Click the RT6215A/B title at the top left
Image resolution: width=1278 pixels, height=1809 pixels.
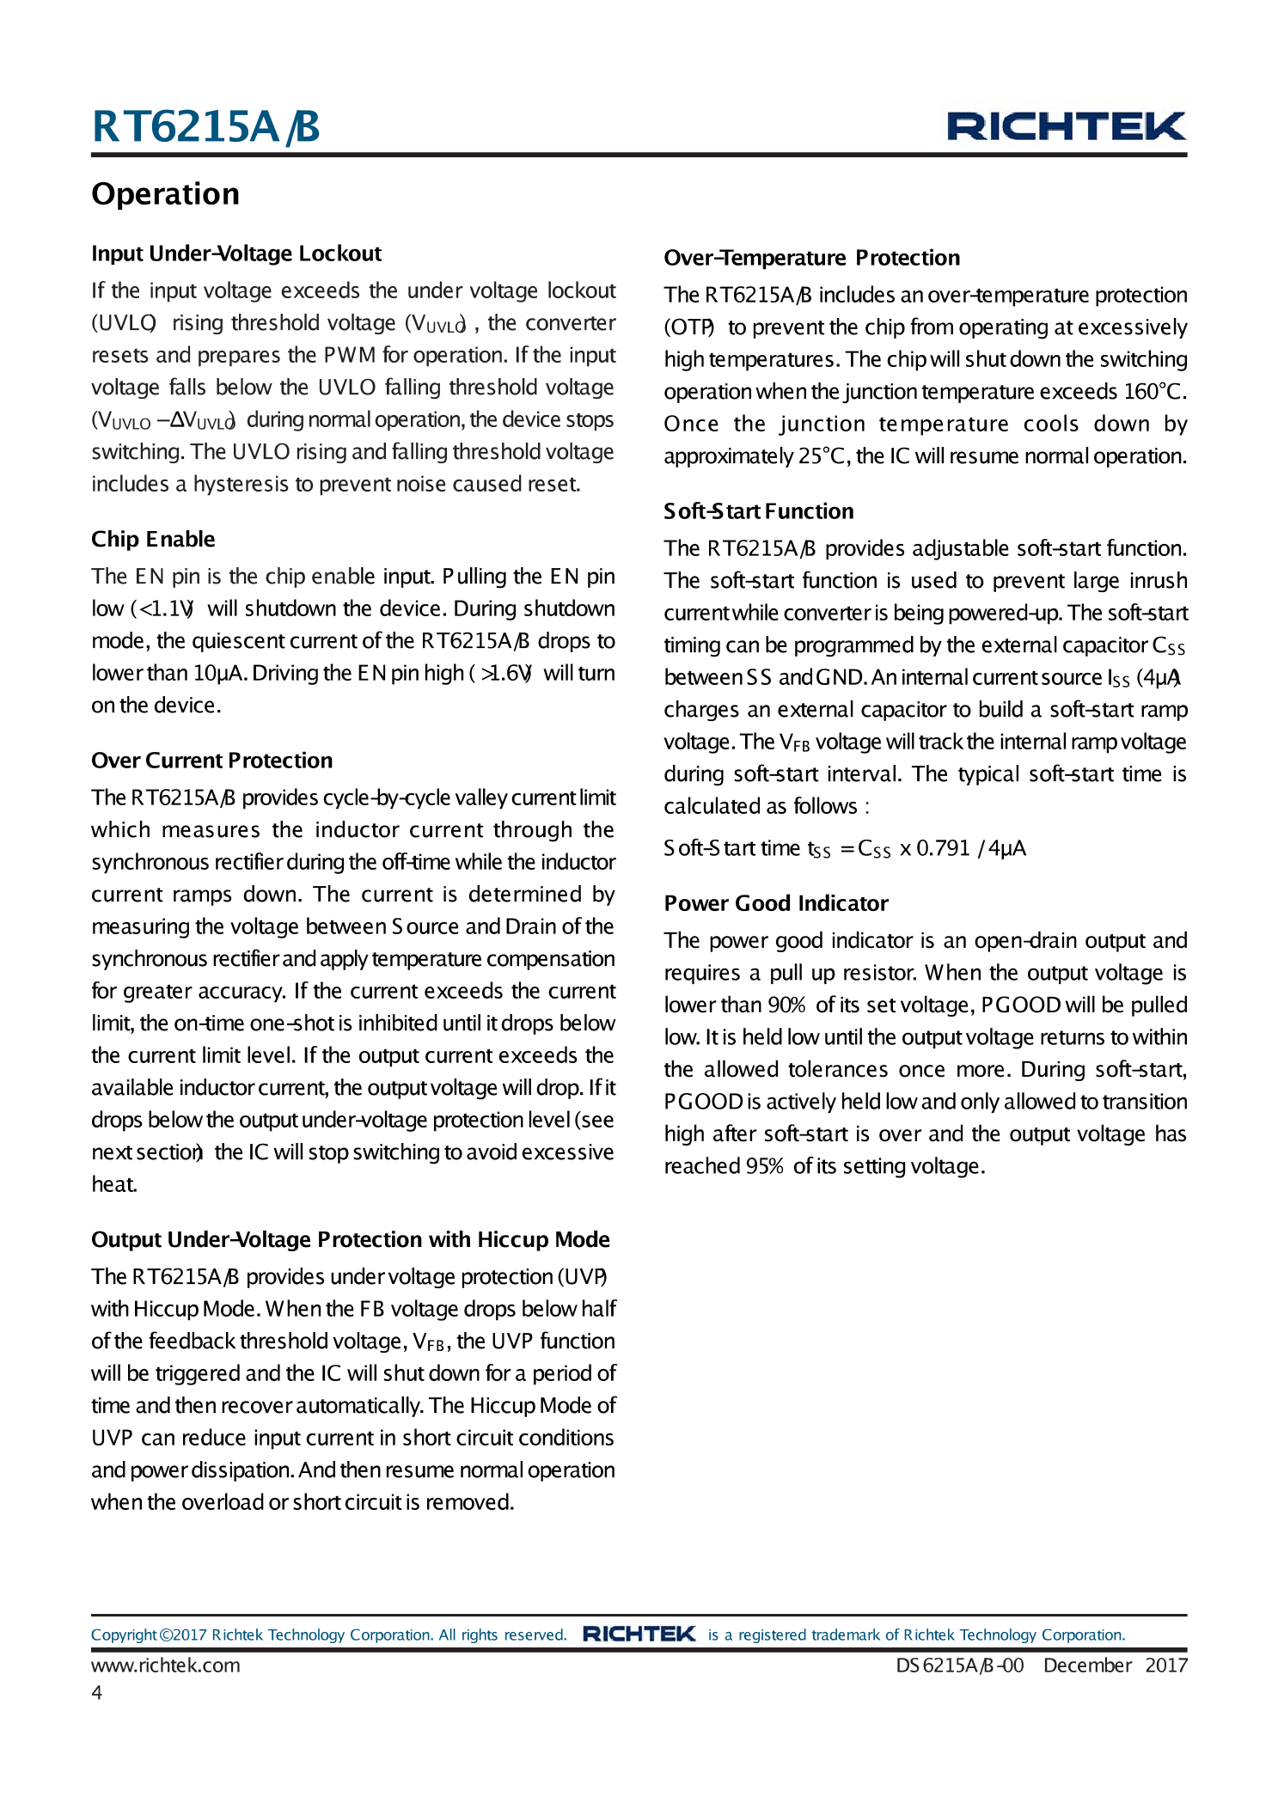click(x=205, y=126)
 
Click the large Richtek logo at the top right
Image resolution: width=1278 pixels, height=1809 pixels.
click(x=1066, y=126)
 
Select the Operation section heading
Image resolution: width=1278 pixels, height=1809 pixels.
click(x=165, y=194)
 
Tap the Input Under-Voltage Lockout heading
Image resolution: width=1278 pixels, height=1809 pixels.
click(x=236, y=254)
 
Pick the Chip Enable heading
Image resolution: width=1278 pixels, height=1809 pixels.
click(x=153, y=539)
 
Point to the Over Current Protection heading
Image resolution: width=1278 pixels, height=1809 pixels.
click(x=211, y=761)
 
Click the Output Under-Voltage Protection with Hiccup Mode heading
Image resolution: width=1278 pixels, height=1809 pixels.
click(x=350, y=1239)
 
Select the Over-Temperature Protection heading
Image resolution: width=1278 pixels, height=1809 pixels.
click(x=811, y=258)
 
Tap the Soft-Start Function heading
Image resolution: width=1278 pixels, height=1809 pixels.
click(x=758, y=511)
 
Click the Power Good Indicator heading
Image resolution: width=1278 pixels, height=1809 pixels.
click(x=775, y=903)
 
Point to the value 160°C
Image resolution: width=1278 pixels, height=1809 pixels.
click(x=1153, y=392)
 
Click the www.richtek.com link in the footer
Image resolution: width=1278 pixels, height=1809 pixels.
click(x=165, y=1665)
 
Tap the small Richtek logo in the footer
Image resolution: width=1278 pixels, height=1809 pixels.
click(x=639, y=1634)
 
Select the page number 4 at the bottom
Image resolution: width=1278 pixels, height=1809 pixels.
click(x=97, y=1692)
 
